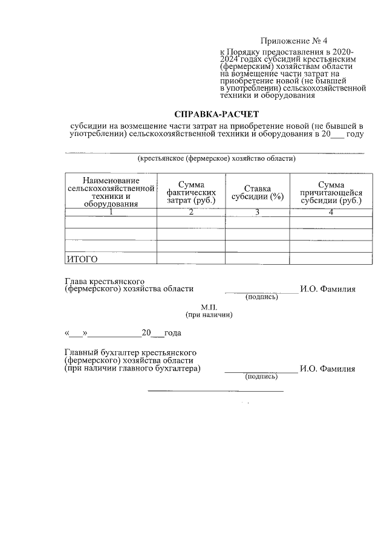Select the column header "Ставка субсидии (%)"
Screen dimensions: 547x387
tap(258, 192)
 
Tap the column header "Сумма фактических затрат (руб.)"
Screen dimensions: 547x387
tap(191, 192)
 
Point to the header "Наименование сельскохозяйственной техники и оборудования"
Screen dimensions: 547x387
tap(111, 192)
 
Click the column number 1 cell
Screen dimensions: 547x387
tap(111, 212)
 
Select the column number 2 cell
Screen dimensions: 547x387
tap(191, 212)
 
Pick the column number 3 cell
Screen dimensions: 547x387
tap(258, 212)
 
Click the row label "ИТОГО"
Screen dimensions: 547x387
tap(82, 259)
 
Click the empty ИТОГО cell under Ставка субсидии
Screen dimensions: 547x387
tap(258, 259)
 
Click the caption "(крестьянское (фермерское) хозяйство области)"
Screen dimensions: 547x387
tap(216, 159)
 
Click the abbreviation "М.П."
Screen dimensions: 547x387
tap(209, 307)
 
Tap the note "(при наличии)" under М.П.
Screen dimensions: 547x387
tap(209, 315)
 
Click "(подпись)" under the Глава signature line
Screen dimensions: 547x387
tap(261, 297)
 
